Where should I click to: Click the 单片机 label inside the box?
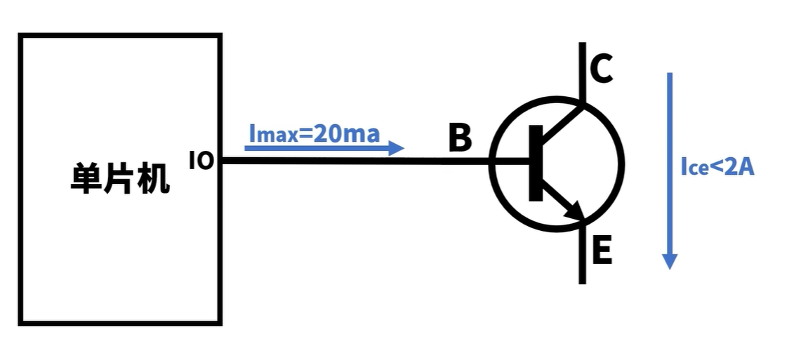click(120, 179)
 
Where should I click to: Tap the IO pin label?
click(201, 161)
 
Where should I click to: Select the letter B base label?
click(460, 138)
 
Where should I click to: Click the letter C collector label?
click(601, 69)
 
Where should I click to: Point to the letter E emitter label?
click(602, 251)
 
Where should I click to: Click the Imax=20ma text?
click(314, 133)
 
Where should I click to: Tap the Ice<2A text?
click(717, 167)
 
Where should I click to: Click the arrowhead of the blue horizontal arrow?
click(397, 148)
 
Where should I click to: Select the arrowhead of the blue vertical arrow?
click(670, 260)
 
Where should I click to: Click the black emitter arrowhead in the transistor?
click(576, 210)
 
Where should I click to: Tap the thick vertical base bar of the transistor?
click(536, 163)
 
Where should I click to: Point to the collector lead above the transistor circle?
click(583, 70)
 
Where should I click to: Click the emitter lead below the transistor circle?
click(583, 256)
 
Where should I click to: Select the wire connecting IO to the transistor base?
click(351, 161)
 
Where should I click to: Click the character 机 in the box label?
click(154, 179)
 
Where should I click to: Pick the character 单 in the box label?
click(86, 179)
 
